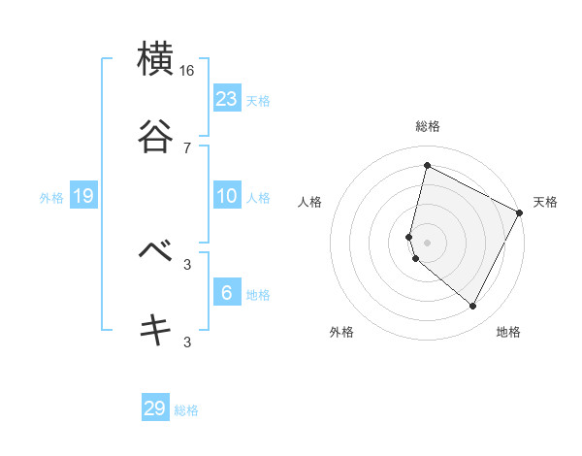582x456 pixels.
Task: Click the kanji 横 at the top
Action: pyautogui.click(x=156, y=58)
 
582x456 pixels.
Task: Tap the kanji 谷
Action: pyautogui.click(x=156, y=136)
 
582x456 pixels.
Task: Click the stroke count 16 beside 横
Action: pyautogui.click(x=187, y=71)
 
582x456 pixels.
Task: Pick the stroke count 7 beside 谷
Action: pyautogui.click(x=187, y=148)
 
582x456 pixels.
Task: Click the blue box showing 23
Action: pyautogui.click(x=227, y=98)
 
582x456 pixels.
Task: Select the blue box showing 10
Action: pyautogui.click(x=227, y=196)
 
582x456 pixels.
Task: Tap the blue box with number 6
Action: pyautogui.click(x=227, y=292)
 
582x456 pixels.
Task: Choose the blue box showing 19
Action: pyautogui.click(x=83, y=196)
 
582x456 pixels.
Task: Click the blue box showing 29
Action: pyautogui.click(x=155, y=408)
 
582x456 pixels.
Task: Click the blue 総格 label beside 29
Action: pyautogui.click(x=187, y=410)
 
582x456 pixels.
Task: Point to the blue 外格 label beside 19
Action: pyautogui.click(x=51, y=198)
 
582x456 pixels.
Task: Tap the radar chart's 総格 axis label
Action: pyautogui.click(x=428, y=126)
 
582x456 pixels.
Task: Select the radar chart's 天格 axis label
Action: pyautogui.click(x=546, y=202)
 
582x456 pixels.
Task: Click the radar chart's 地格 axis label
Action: pyautogui.click(x=508, y=333)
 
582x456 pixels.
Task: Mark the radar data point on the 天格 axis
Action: pyautogui.click(x=520, y=212)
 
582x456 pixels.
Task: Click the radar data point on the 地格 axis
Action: pyautogui.click(x=473, y=307)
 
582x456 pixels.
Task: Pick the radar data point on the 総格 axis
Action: pyautogui.click(x=427, y=166)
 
